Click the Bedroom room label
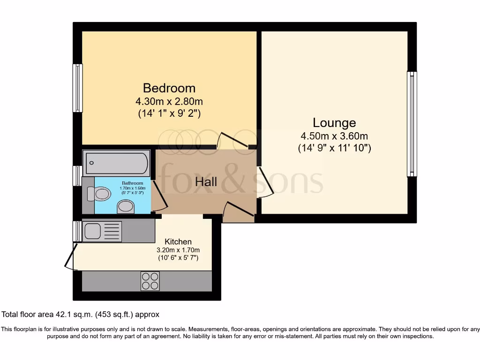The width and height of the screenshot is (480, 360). tap(169, 88)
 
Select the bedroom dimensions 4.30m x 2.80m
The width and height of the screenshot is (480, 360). tap(169, 101)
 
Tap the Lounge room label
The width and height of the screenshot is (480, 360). tap(334, 123)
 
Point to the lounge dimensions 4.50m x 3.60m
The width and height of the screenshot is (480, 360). tap(334, 136)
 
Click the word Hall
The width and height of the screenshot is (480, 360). tap(206, 181)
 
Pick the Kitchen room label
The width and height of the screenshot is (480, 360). tap(178, 241)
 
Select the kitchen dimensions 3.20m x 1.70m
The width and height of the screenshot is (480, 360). tap(178, 250)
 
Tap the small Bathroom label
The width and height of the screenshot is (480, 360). tap(133, 183)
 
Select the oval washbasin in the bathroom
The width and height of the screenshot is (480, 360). tap(126, 206)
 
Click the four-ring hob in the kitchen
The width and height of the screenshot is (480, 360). tap(150, 281)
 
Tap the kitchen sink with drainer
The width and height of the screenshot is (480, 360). tap(102, 232)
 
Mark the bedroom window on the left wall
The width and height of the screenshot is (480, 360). tap(77, 88)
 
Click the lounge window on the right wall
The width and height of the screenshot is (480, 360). tap(412, 124)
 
